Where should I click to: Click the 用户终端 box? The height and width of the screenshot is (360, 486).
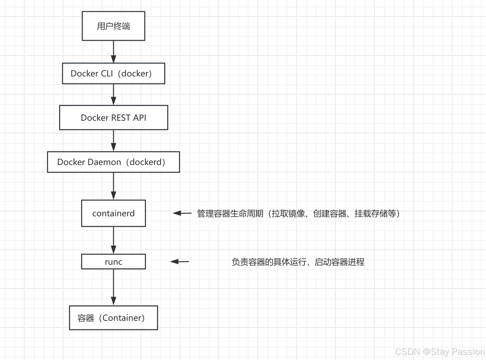pyautogui.click(x=114, y=26)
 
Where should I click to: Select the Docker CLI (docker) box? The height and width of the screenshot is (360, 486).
pyautogui.click(x=114, y=74)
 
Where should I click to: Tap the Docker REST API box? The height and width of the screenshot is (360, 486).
pyautogui.click(x=114, y=118)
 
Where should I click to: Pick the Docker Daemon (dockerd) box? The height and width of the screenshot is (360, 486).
pyautogui.click(x=114, y=162)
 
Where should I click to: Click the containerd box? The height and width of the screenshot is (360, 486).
pyautogui.click(x=114, y=213)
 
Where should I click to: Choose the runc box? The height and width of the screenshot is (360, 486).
pyautogui.click(x=114, y=262)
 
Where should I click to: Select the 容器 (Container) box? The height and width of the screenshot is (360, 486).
pyautogui.click(x=114, y=318)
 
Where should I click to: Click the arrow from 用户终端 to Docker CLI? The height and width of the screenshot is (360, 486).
pyautogui.click(x=114, y=52)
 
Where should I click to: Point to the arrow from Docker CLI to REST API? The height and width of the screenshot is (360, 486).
pyautogui.click(x=114, y=95)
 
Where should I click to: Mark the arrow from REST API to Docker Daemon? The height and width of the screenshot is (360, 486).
pyautogui.click(x=114, y=140)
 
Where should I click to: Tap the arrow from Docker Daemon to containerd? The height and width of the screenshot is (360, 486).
pyautogui.click(x=114, y=186)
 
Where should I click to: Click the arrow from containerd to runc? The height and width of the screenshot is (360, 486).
pyautogui.click(x=114, y=240)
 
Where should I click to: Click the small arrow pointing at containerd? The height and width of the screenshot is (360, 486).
pyautogui.click(x=182, y=213)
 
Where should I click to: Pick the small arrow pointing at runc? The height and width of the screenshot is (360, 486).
pyautogui.click(x=180, y=262)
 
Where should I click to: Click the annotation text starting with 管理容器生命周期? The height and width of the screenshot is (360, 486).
pyautogui.click(x=298, y=213)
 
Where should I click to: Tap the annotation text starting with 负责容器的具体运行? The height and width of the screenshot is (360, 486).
pyautogui.click(x=298, y=262)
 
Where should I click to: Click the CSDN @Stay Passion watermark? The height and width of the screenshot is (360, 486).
pyautogui.click(x=440, y=352)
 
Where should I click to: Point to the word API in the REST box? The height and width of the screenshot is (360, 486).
pyautogui.click(x=140, y=118)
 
